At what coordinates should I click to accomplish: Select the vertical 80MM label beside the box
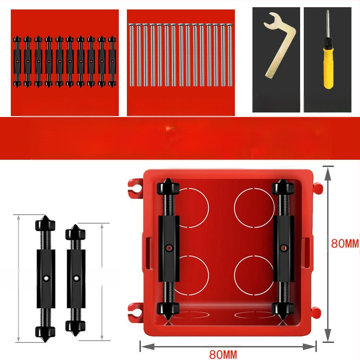(345, 243)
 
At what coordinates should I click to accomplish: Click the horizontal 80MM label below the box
(223, 354)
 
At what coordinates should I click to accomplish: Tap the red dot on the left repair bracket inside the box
(169, 248)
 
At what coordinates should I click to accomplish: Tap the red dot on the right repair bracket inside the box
(284, 248)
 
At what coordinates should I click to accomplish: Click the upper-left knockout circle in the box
(208, 208)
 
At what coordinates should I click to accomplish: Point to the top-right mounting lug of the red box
(318, 188)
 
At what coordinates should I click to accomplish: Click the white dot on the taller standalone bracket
(46, 278)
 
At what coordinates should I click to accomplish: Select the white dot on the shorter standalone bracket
(76, 278)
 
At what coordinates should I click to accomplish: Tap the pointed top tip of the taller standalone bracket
(45, 216)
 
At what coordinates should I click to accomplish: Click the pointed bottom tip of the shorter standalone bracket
(75, 336)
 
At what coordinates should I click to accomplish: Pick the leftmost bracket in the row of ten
(17, 62)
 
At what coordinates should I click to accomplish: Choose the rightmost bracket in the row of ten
(112, 62)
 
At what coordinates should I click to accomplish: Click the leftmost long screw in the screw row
(131, 54)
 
